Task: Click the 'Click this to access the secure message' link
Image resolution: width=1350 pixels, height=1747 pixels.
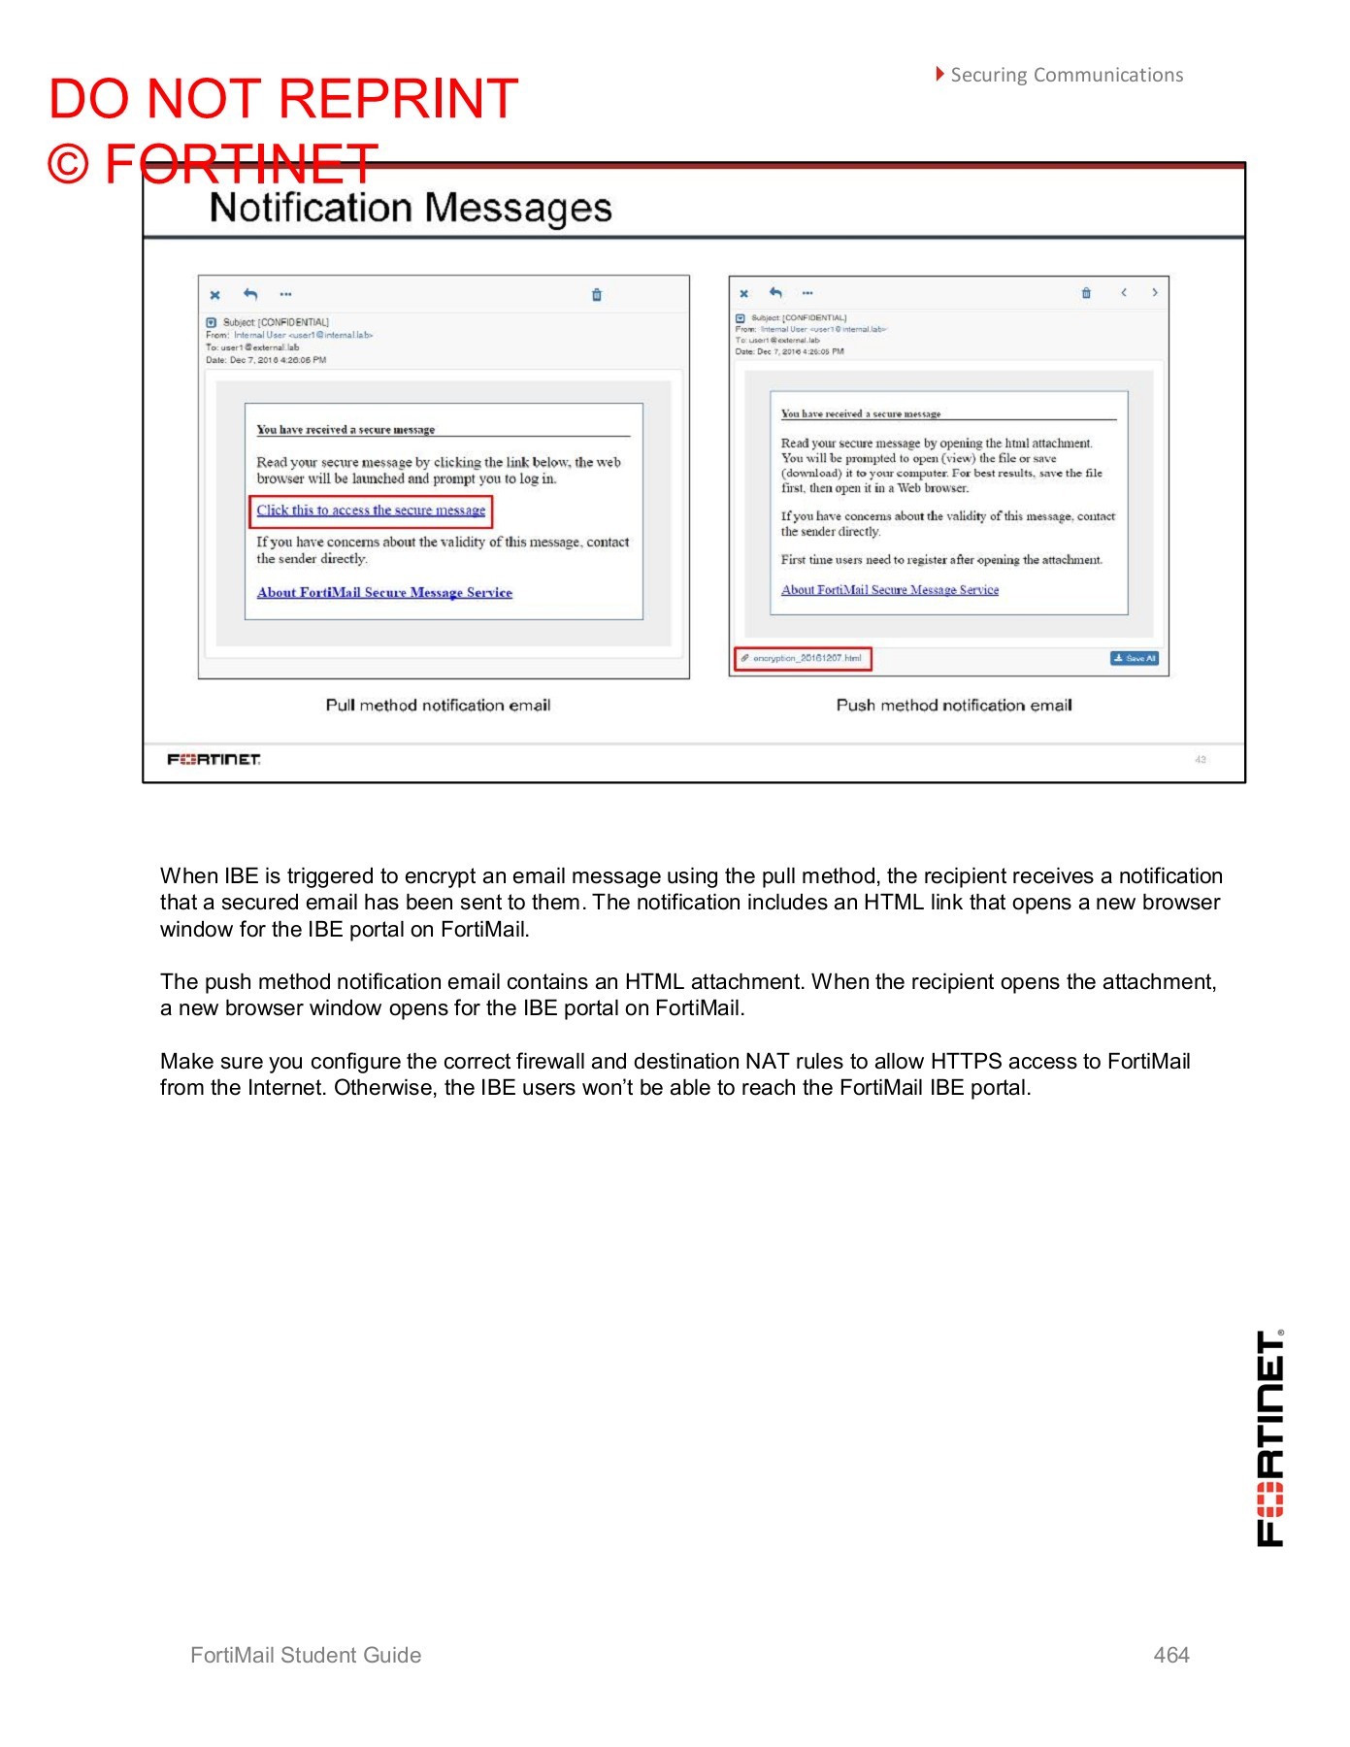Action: point(371,511)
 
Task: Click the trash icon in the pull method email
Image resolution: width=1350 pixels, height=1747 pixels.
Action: point(597,295)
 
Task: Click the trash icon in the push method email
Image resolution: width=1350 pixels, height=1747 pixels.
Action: point(1086,293)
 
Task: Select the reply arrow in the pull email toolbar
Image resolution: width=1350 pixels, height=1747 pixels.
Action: point(250,294)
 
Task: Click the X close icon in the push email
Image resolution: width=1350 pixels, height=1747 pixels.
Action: point(744,293)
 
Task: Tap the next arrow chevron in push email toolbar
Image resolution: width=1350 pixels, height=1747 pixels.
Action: point(1155,292)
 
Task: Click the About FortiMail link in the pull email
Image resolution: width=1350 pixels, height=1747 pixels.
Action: point(384,592)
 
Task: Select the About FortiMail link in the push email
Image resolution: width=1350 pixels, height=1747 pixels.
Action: point(890,589)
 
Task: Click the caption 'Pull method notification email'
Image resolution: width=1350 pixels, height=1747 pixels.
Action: point(438,706)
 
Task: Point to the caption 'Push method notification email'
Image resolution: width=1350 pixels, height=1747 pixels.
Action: point(954,706)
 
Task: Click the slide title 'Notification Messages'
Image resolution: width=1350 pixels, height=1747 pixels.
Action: point(411,209)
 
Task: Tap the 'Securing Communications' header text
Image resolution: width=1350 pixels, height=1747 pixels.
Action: point(1066,75)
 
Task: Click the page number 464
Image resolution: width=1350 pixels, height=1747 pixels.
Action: point(1171,1655)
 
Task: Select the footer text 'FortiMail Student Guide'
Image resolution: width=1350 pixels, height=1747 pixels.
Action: point(306,1655)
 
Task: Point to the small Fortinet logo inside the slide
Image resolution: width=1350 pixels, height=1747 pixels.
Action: point(214,759)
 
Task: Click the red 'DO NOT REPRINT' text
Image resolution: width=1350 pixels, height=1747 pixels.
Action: point(283,99)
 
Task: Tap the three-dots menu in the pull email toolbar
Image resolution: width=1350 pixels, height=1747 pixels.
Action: point(285,294)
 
